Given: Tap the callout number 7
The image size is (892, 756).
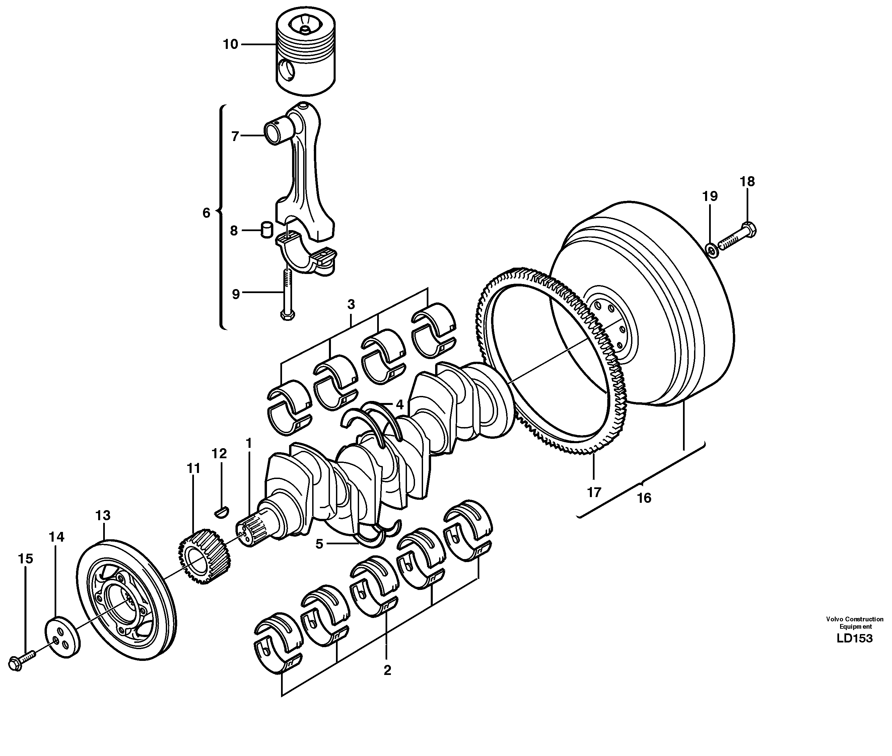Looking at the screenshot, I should [x=234, y=136].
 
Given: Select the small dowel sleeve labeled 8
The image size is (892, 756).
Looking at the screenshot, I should [x=268, y=229].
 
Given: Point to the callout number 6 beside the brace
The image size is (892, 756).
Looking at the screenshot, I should [x=207, y=213].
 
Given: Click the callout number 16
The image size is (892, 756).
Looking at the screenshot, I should [x=644, y=498].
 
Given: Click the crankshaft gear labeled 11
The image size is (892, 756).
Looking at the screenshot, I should [x=204, y=555].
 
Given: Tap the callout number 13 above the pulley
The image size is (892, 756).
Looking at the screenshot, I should [x=103, y=515].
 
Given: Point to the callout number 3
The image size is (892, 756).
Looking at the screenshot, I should [x=351, y=305].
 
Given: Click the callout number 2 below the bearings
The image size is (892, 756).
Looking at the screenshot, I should [x=387, y=670].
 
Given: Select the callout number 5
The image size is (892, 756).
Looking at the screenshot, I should [x=319, y=544].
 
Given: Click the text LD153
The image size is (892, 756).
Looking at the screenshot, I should [x=854, y=638].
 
